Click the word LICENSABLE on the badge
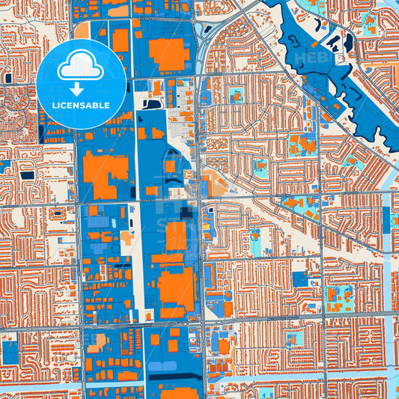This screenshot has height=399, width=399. coord(82,106)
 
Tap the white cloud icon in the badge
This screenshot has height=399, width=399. coord(82,68)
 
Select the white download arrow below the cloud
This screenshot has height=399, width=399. coord(82,89)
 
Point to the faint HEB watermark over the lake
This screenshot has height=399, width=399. coord(308,57)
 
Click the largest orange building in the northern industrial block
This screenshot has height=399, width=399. coord(169,53)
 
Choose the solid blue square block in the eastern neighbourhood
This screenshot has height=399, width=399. coord(300,279)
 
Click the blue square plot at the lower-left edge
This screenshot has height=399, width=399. coord(10,352)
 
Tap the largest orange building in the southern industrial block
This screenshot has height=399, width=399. coord(177,287)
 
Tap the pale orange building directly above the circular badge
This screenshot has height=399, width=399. coord(82,30)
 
